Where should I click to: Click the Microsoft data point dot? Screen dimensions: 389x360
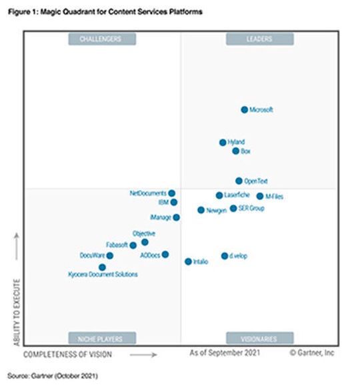(244, 109)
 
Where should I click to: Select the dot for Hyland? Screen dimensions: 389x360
(223, 142)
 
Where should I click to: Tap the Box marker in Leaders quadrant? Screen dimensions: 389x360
(235, 151)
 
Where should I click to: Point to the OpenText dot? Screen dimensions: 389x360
(239, 181)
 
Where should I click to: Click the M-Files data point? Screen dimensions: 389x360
(259, 196)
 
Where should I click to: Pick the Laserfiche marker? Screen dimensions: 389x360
(219, 196)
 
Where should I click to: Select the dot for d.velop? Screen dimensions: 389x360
(225, 256)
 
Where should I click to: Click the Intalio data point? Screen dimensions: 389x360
(188, 262)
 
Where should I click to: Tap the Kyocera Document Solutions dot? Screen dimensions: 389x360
(102, 267)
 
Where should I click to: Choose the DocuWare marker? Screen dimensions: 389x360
(109, 256)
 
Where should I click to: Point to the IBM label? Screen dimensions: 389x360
(163, 202)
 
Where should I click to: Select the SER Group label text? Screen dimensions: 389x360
(251, 209)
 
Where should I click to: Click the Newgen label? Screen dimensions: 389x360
(217, 210)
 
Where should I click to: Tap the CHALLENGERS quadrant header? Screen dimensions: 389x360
(100, 39)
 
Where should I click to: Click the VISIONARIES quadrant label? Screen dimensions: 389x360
(259, 338)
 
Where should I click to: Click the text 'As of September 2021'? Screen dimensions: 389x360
(225, 351)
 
